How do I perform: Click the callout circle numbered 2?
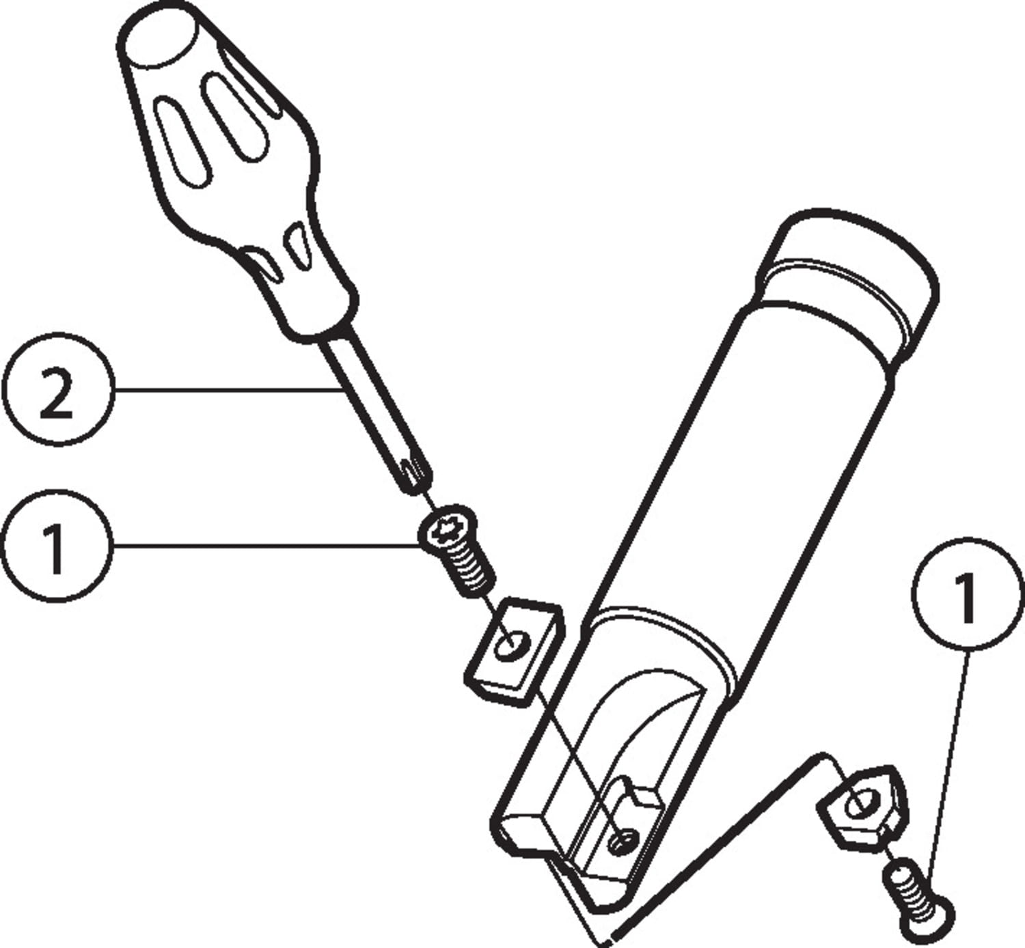[x=58, y=390]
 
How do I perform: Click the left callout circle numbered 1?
[x=58, y=546]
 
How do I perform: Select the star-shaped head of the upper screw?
[x=448, y=531]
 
